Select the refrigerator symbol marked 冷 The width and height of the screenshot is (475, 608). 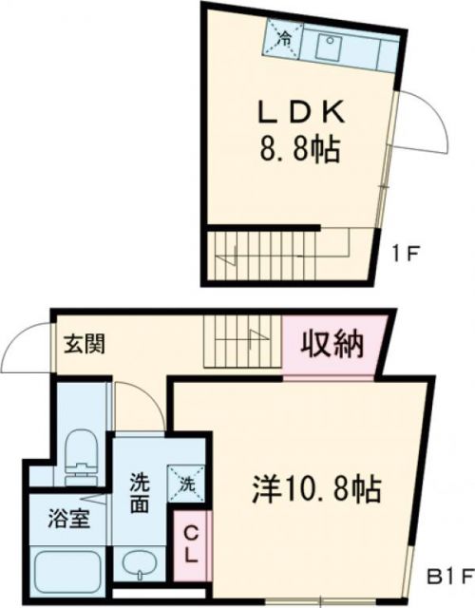click(x=284, y=38)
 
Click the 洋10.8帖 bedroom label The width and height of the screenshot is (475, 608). click(x=316, y=488)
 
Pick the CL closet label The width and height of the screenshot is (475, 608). click(x=190, y=544)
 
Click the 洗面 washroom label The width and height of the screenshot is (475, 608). click(x=140, y=492)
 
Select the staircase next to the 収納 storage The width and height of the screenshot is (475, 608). click(x=242, y=343)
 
